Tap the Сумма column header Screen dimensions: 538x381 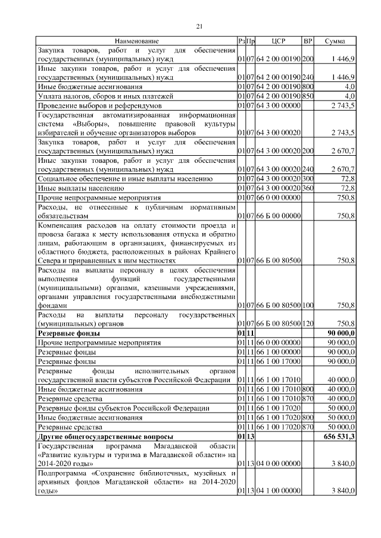point(336,41)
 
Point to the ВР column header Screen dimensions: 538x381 point(308,41)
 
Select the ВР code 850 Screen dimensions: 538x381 point(308,96)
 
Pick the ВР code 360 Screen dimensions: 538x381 point(308,187)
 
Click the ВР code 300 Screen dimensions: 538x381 point(308,178)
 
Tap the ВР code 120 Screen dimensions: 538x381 point(308,324)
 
